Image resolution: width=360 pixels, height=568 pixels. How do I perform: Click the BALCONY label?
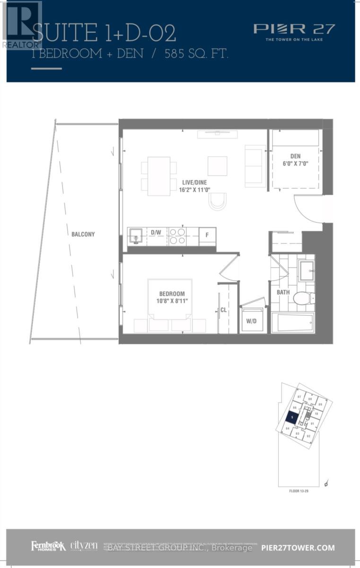pyautogui.click(x=83, y=234)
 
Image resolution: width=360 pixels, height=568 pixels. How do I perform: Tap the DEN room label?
pyautogui.click(x=296, y=156)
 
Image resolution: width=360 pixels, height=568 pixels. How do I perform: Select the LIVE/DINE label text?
pyautogui.click(x=194, y=182)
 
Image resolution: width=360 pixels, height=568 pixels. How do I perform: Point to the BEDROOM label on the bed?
pyautogui.click(x=169, y=294)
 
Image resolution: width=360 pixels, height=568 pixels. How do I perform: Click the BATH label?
pyautogui.click(x=283, y=293)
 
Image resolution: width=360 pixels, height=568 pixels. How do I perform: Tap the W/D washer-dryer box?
pyautogui.click(x=251, y=320)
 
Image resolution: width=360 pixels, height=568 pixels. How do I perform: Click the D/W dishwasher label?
pyautogui.click(x=156, y=232)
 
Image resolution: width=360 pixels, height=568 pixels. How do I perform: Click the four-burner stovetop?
pyautogui.click(x=177, y=236)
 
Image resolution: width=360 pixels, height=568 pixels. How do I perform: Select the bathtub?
pyautogui.click(x=292, y=323)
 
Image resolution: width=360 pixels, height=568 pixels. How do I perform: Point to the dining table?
pyautogui.click(x=158, y=176)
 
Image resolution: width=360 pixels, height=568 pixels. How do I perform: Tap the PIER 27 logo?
pyautogui.click(x=294, y=29)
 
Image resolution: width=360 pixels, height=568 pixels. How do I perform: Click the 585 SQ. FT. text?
pyautogui.click(x=196, y=54)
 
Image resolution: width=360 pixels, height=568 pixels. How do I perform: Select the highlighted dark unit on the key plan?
pyautogui.click(x=293, y=417)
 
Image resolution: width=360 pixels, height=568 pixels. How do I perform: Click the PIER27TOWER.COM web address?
pyautogui.click(x=298, y=548)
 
